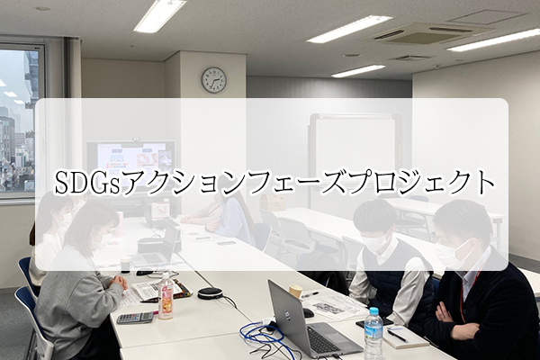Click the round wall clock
(x=214, y=80)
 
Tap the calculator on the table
(x=135, y=318)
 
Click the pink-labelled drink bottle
(x=166, y=297)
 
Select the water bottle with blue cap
(x=373, y=334)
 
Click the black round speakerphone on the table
(x=210, y=292)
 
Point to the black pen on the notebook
(x=397, y=336)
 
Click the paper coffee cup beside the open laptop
(x=295, y=292)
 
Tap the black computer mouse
(x=308, y=313)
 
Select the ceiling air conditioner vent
(x=427, y=34)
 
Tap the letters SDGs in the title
(x=87, y=182)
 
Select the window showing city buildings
(x=19, y=121)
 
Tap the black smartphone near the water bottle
(x=374, y=322)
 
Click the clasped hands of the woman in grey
(x=118, y=282)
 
